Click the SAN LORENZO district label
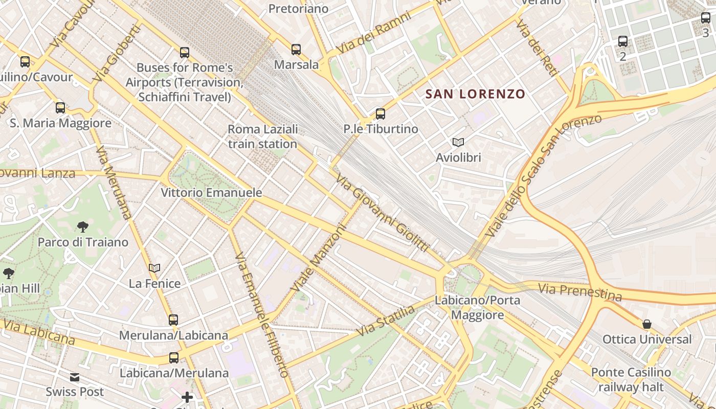(x=475, y=94)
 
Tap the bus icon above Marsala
(x=296, y=50)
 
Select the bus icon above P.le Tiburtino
(x=380, y=114)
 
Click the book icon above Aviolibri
(x=458, y=143)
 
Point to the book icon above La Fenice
(x=154, y=268)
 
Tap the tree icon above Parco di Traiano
(x=82, y=226)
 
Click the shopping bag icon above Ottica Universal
(x=647, y=324)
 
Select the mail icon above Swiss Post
(x=75, y=377)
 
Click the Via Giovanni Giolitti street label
(x=382, y=213)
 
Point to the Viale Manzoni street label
(x=318, y=260)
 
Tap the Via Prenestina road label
(x=579, y=292)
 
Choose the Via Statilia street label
(x=385, y=321)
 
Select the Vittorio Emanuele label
(x=211, y=193)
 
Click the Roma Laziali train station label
(x=262, y=137)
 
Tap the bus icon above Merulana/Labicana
(x=173, y=320)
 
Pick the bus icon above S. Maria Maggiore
(x=60, y=108)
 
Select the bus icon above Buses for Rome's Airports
(x=185, y=52)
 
